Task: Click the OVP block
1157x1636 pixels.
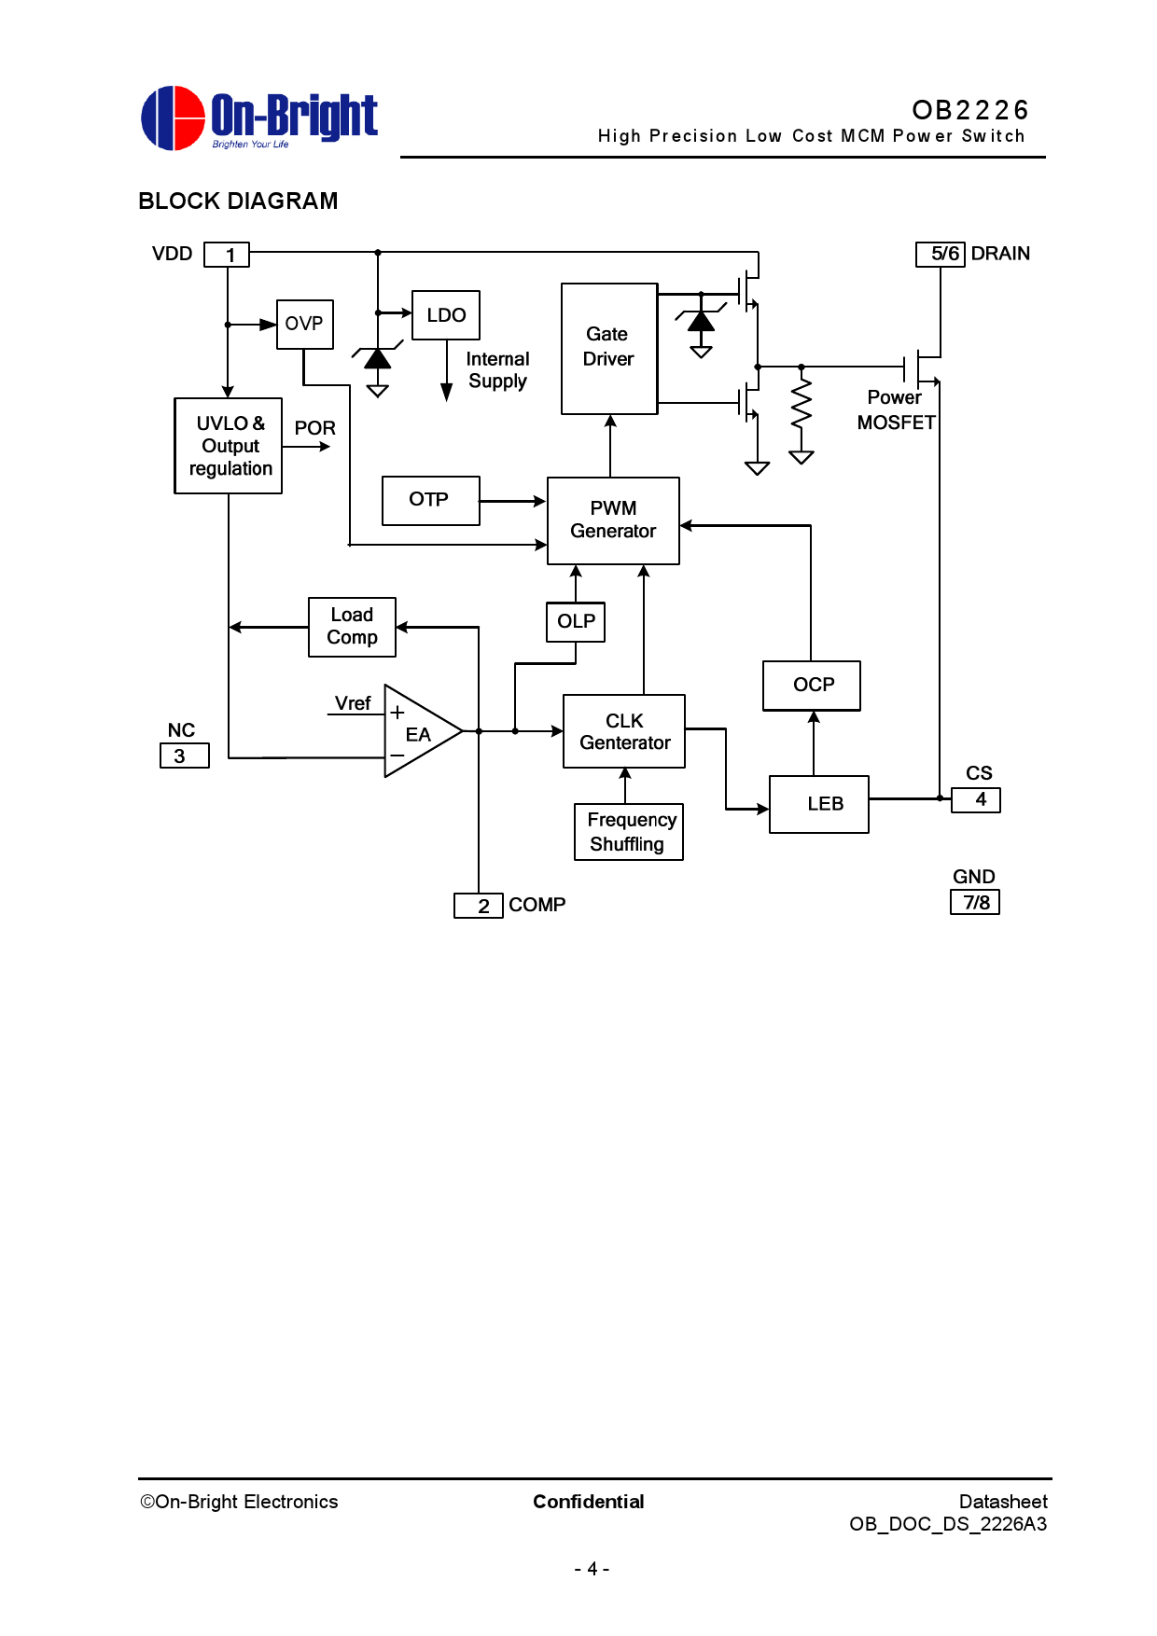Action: tap(304, 324)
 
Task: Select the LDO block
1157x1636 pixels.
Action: tap(446, 315)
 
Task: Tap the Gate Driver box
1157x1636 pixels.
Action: tap(609, 348)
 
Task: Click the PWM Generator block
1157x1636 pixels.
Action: tap(613, 520)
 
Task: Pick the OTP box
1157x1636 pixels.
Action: tap(430, 500)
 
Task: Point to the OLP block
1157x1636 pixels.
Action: tap(576, 622)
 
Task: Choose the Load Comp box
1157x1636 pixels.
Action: tap(352, 627)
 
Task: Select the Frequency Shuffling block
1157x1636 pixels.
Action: tap(628, 832)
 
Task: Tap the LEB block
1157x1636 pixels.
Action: tap(818, 804)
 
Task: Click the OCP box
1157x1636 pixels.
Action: tap(812, 686)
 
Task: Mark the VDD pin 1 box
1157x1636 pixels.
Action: tap(227, 255)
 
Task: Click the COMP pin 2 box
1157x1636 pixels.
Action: tap(479, 906)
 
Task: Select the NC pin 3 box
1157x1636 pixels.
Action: tap(185, 756)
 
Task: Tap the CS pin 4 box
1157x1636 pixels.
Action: tap(976, 800)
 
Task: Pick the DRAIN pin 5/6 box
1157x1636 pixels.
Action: tap(941, 254)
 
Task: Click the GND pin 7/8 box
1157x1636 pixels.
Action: tap(975, 902)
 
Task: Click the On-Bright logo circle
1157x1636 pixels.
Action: tap(173, 118)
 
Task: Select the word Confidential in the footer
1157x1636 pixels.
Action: tap(588, 1502)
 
